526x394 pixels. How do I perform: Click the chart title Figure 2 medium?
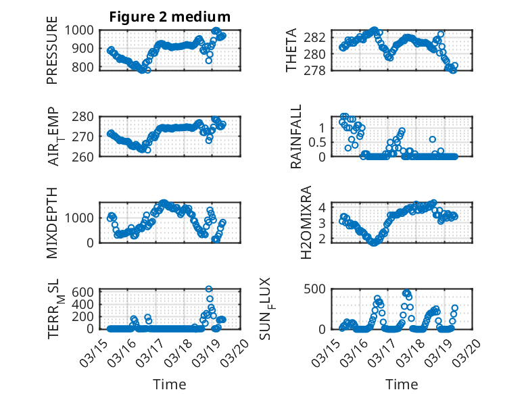coord(170,16)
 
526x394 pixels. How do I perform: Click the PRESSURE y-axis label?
coord(52,55)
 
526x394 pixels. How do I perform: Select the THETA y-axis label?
coord(291,50)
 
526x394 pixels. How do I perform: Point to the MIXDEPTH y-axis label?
coord(52,222)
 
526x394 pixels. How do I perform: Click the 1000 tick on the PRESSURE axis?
coord(82,30)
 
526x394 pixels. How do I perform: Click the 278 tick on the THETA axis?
coord(318,70)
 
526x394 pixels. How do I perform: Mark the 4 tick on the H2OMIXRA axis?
coord(324,207)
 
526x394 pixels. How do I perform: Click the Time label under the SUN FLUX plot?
coord(402,385)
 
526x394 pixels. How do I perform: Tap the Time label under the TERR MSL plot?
coord(170,385)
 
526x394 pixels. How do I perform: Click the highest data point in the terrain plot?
coord(209,289)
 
